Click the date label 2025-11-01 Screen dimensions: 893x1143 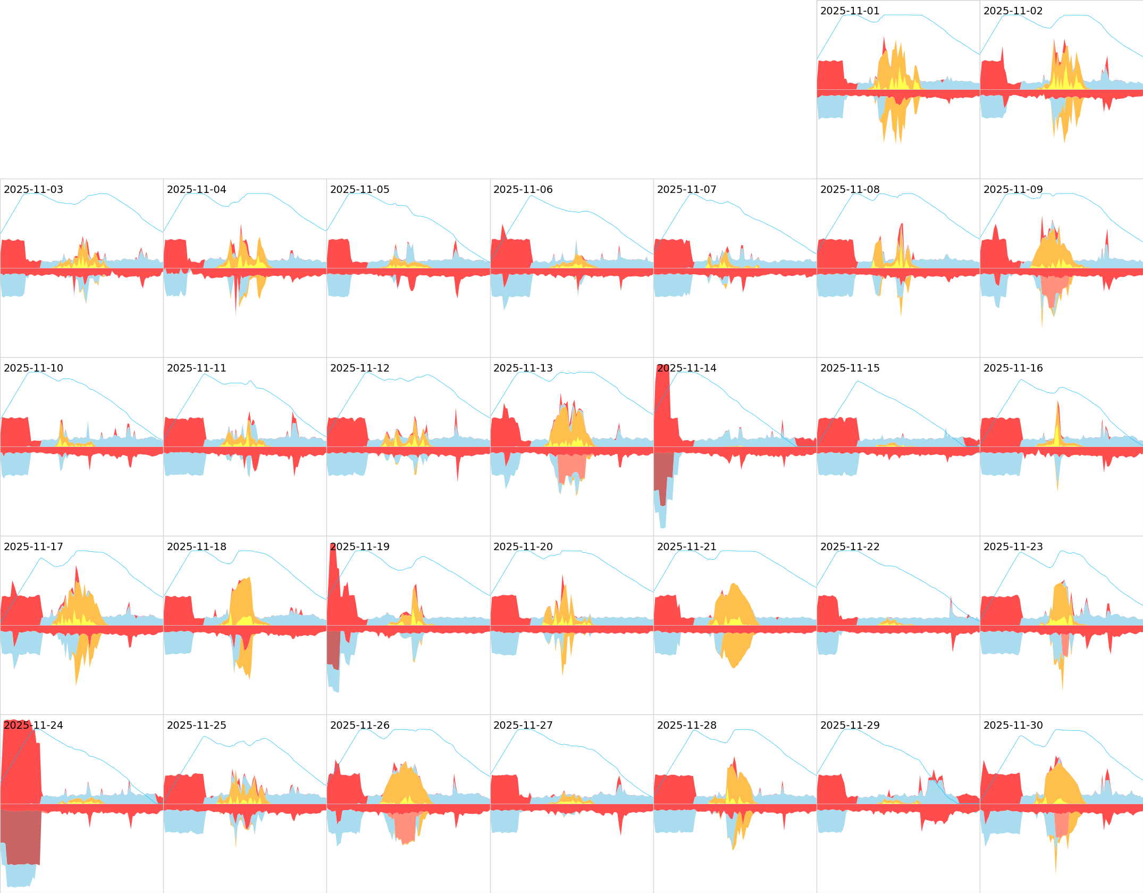850,11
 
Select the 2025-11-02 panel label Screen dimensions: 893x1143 1013,11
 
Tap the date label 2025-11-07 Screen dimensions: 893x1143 686,190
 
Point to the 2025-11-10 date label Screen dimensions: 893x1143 33,368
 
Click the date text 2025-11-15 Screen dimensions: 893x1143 850,368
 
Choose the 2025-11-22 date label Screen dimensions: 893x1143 850,547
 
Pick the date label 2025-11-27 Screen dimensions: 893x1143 523,726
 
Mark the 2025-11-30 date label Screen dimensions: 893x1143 1013,726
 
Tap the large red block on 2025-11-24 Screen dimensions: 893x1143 21,765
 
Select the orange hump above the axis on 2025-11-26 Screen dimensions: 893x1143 404,784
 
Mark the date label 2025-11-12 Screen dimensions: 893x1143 359,368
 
